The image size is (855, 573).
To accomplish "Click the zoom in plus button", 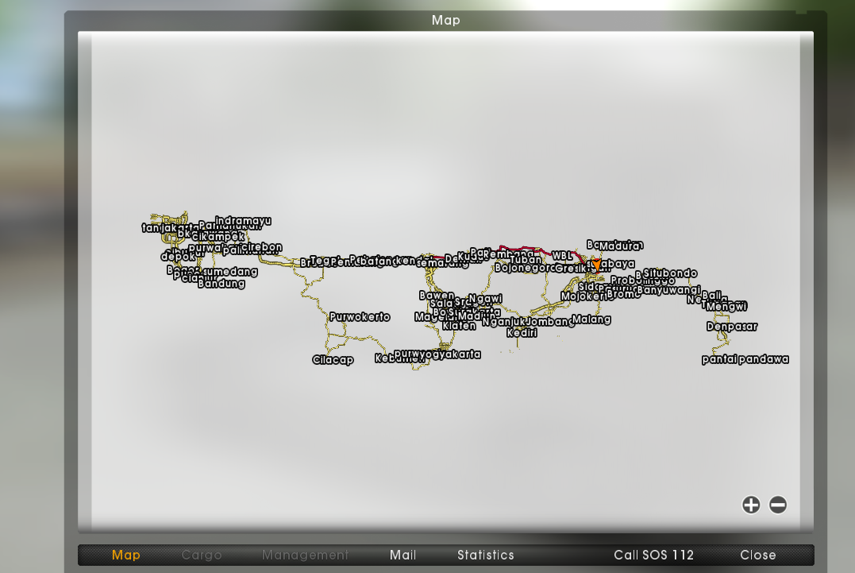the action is (751, 505).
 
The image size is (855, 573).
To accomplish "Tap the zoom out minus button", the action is (778, 505).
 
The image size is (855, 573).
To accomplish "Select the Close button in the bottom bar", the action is (758, 555).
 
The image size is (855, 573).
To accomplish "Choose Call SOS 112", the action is (653, 555).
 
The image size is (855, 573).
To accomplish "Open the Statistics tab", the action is (486, 555).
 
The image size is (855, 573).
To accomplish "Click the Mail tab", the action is (403, 555).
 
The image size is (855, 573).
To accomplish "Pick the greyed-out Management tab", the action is (305, 555).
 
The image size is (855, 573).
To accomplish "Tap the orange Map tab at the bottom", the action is (125, 555).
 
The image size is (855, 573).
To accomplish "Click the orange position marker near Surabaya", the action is (596, 263).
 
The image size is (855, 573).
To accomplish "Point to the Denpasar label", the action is (732, 326).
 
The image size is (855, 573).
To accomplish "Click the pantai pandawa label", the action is (745, 359).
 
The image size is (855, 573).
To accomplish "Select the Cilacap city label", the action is (333, 360).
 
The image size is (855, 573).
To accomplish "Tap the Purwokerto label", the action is (360, 316).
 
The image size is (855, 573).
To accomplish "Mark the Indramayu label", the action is (243, 221).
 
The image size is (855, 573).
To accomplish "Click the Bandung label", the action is (221, 283).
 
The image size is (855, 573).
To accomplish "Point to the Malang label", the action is (591, 319).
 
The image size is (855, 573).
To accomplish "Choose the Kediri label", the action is (522, 332).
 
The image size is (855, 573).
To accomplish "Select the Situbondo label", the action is (670, 273).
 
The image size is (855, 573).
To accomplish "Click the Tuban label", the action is (526, 259).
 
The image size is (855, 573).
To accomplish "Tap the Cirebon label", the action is (261, 247).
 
